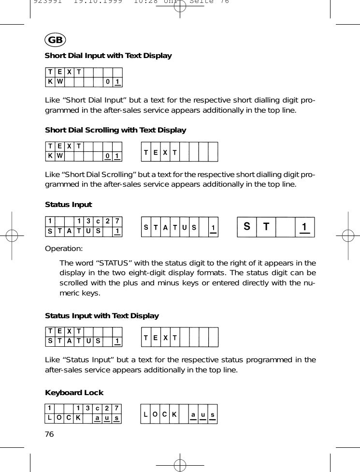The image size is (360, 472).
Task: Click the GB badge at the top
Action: [55, 39]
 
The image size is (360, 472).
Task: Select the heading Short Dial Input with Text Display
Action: [108, 56]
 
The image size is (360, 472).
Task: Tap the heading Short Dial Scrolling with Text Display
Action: [115, 130]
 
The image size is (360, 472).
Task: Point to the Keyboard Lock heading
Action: [74, 392]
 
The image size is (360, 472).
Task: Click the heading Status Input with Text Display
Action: [101, 316]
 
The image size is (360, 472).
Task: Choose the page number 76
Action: [49, 434]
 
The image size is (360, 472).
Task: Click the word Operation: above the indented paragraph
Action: [64, 248]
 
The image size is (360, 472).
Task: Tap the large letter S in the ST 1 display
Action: [247, 226]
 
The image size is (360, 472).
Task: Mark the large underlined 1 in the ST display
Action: [303, 227]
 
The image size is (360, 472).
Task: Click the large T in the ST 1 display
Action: [266, 226]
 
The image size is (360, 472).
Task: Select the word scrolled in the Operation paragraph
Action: [74, 283]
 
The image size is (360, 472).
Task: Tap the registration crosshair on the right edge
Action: [348, 236]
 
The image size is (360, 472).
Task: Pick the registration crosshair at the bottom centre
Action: [180, 465]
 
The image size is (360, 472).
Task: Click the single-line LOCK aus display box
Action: [179, 414]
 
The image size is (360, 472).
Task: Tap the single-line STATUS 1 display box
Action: [179, 227]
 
